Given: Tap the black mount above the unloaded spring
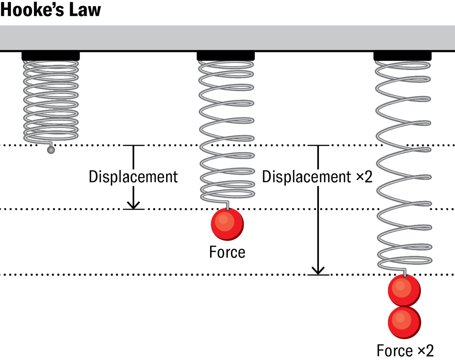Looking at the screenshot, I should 51,56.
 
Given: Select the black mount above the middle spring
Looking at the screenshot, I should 226,56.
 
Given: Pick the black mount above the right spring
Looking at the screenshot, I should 402,56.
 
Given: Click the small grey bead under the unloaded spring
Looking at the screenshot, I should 50,150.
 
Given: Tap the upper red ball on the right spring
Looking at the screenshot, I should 404,291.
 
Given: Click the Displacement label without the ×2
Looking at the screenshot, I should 133,177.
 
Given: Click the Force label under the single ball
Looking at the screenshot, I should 227,252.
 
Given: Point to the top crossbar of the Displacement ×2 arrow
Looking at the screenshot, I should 318,145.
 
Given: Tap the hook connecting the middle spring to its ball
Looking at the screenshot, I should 227,205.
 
